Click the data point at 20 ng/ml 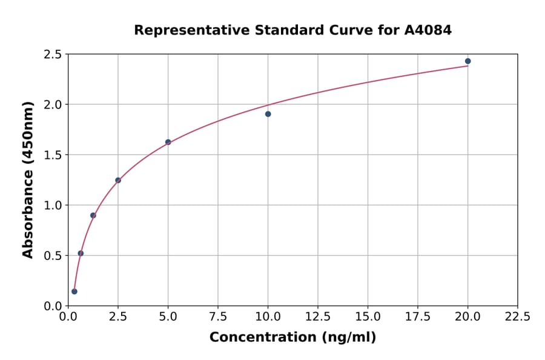[467, 61]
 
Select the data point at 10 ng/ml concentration [268, 114]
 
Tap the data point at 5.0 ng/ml [168, 142]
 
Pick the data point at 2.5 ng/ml [118, 180]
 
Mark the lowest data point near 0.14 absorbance [74, 292]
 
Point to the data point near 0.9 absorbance [93, 215]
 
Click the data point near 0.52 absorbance [81, 253]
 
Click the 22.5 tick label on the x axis [517, 317]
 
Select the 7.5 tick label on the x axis [218, 317]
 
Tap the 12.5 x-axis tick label [317, 317]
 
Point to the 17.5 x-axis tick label [417, 317]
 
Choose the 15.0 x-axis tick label [368, 317]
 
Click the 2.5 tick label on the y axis [52, 55]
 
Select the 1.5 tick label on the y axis [52, 155]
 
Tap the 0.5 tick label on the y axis [52, 256]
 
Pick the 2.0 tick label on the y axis [52, 105]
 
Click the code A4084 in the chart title [428, 30]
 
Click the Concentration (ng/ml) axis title [292, 338]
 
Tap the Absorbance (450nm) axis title [28, 179]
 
